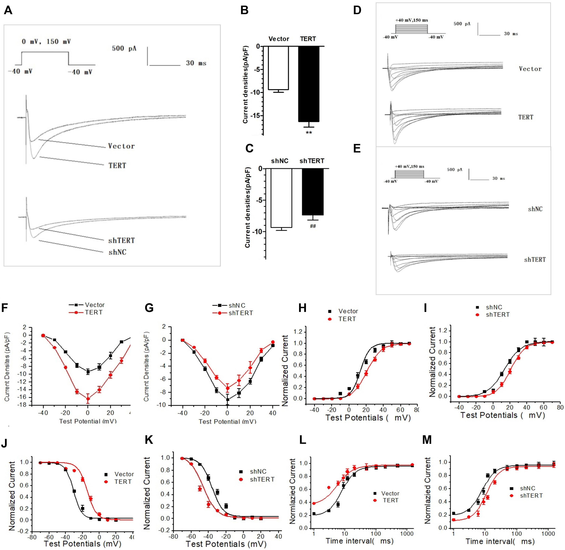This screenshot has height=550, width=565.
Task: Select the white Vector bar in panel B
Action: pyautogui.click(x=278, y=68)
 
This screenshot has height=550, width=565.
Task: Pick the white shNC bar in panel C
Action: pyautogui.click(x=281, y=198)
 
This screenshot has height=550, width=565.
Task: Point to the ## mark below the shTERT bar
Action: pyautogui.click(x=313, y=226)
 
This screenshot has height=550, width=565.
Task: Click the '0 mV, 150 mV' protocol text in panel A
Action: pyautogui.click(x=46, y=42)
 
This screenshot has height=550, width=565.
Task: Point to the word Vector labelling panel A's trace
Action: pyautogui.click(x=121, y=146)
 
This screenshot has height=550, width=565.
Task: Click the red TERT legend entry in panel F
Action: pyautogui.click(x=93, y=312)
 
